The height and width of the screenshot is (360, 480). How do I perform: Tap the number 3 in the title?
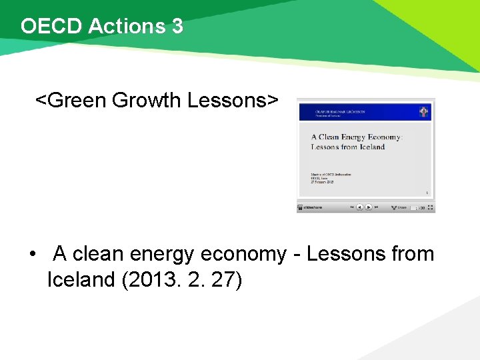tap(177, 27)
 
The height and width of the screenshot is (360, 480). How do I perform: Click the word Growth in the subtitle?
tap(147, 101)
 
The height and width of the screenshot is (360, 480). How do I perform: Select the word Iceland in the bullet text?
tap(81, 280)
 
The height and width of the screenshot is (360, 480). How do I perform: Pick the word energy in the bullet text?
tap(164, 254)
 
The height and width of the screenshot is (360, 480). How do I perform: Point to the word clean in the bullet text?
tap(98, 254)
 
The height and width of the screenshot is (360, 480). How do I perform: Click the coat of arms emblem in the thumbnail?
tap(423, 111)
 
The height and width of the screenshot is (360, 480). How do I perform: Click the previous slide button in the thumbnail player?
tap(359, 207)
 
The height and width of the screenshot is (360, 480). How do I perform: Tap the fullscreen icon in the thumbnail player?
tap(431, 207)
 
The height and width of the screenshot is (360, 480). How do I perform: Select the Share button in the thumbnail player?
tap(399, 207)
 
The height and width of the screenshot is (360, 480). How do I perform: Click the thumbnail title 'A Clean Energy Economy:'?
tap(357, 137)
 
